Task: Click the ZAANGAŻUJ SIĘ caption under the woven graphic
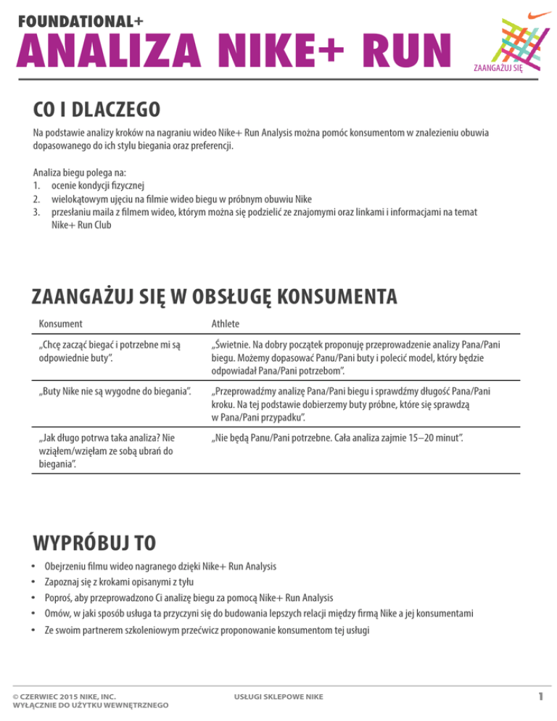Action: (498, 69)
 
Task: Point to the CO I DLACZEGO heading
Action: (96, 110)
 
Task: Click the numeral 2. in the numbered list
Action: (38, 197)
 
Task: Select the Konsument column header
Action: (60, 324)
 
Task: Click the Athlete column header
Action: (226, 324)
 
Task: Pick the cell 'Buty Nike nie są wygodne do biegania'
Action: (115, 392)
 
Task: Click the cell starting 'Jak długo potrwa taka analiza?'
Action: (109, 450)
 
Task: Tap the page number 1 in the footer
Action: (540, 697)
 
